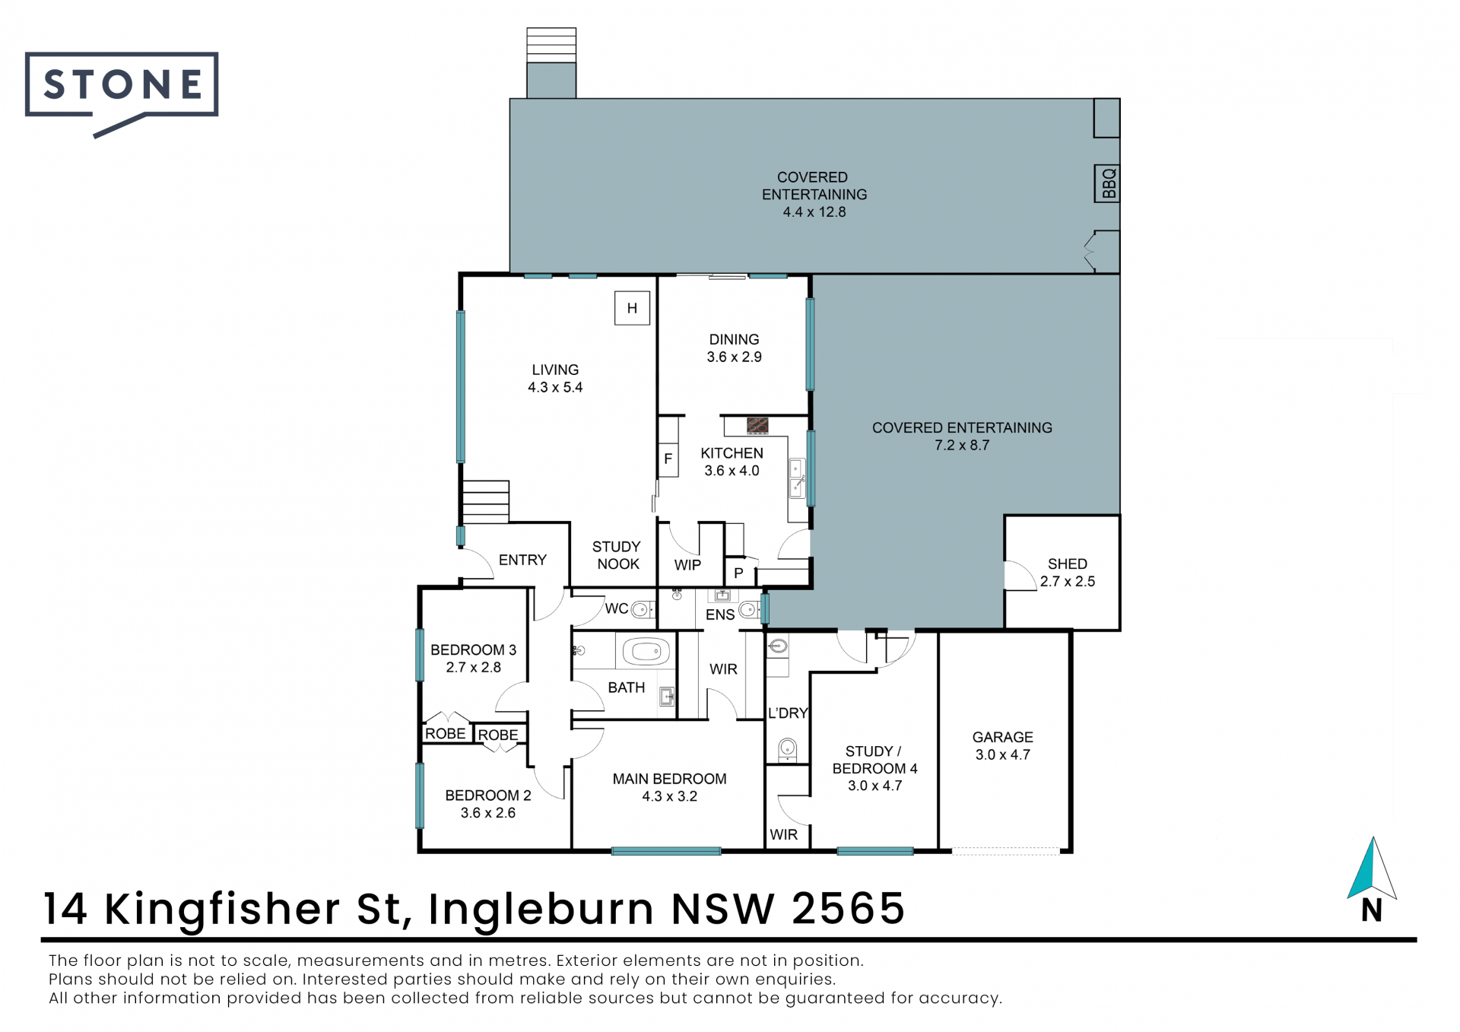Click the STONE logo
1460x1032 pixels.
click(122, 92)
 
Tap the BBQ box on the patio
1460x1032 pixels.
click(1106, 183)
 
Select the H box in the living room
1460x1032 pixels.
click(632, 308)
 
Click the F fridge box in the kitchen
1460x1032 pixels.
click(668, 459)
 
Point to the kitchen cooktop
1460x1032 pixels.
click(757, 425)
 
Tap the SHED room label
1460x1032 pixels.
click(1068, 564)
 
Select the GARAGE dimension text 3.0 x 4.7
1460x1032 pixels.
click(1003, 755)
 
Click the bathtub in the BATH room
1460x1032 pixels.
click(646, 652)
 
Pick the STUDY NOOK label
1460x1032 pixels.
click(617, 555)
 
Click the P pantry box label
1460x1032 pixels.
click(738, 573)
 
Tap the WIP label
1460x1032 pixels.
click(687, 565)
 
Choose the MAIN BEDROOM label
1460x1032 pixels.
click(669, 779)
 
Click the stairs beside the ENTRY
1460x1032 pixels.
click(485, 501)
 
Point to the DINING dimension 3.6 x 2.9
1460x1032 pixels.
click(734, 357)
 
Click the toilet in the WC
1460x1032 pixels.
click(643, 609)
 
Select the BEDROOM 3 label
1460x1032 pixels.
click(473, 650)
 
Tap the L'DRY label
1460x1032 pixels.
click(788, 713)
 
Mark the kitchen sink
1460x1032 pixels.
click(797, 478)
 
